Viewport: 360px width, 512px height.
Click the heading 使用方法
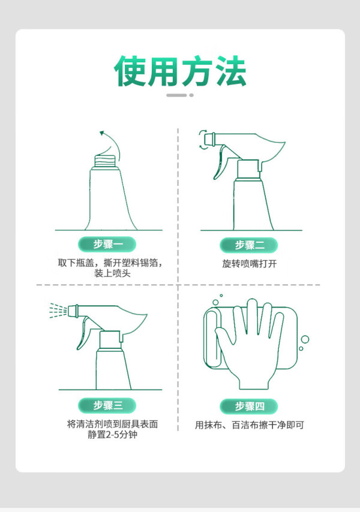point(180,71)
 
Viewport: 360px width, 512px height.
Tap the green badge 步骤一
point(107,244)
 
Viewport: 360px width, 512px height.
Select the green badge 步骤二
point(248,245)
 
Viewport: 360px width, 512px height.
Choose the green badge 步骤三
point(107,405)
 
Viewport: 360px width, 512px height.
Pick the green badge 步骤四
point(248,406)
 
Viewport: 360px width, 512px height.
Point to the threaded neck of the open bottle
point(105,161)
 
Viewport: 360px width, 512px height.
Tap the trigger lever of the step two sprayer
point(219,163)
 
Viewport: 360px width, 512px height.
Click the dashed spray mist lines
point(58,311)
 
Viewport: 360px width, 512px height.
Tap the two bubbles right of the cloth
point(304,342)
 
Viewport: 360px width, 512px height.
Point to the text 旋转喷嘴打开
point(249,264)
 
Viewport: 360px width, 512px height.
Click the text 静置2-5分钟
point(112,435)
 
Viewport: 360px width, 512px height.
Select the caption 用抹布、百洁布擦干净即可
point(249,425)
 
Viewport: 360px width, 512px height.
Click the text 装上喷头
point(112,273)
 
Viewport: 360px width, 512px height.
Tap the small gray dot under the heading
point(191,95)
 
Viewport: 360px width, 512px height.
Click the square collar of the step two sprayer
point(248,169)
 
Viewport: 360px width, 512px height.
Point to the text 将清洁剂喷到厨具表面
point(112,424)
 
